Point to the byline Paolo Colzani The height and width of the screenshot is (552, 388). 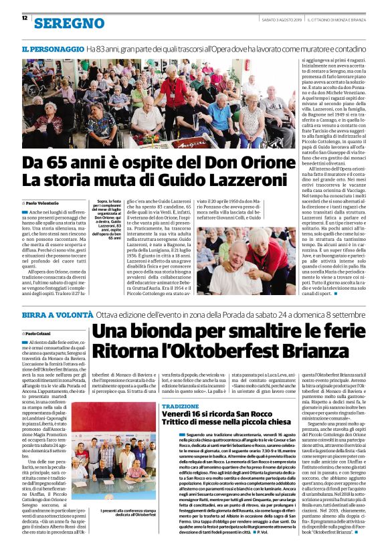(41, 333)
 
